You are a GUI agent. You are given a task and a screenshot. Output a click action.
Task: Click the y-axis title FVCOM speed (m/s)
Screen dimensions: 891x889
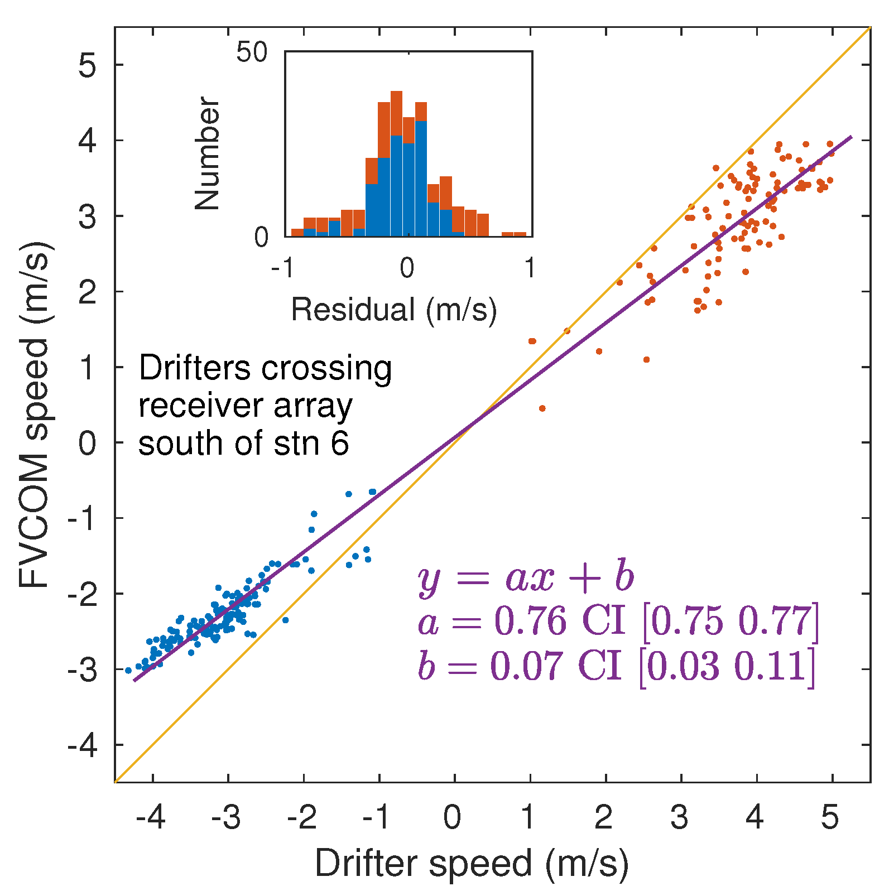pos(35,415)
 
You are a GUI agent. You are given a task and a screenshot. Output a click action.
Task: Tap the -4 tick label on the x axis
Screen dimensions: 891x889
pos(150,817)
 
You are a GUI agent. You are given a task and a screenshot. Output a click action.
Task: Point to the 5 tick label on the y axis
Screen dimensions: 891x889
pos(87,65)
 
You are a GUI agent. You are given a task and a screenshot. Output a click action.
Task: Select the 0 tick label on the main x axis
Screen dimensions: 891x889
pos(452,817)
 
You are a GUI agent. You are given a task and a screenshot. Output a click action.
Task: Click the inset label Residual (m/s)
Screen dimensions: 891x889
pos(393,309)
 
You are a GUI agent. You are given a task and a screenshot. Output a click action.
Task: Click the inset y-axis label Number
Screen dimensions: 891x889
pos(207,153)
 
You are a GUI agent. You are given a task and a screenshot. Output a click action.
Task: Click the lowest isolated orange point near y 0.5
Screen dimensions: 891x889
pos(542,408)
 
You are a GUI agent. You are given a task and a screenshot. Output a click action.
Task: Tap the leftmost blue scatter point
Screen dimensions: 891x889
pos(128,670)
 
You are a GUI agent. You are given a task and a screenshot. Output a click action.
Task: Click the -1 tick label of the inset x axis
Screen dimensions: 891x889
pos(282,269)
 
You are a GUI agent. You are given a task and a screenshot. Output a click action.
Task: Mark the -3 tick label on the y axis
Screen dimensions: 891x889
pos(83,670)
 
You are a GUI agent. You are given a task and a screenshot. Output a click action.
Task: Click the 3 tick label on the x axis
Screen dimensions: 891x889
pos(679,817)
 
